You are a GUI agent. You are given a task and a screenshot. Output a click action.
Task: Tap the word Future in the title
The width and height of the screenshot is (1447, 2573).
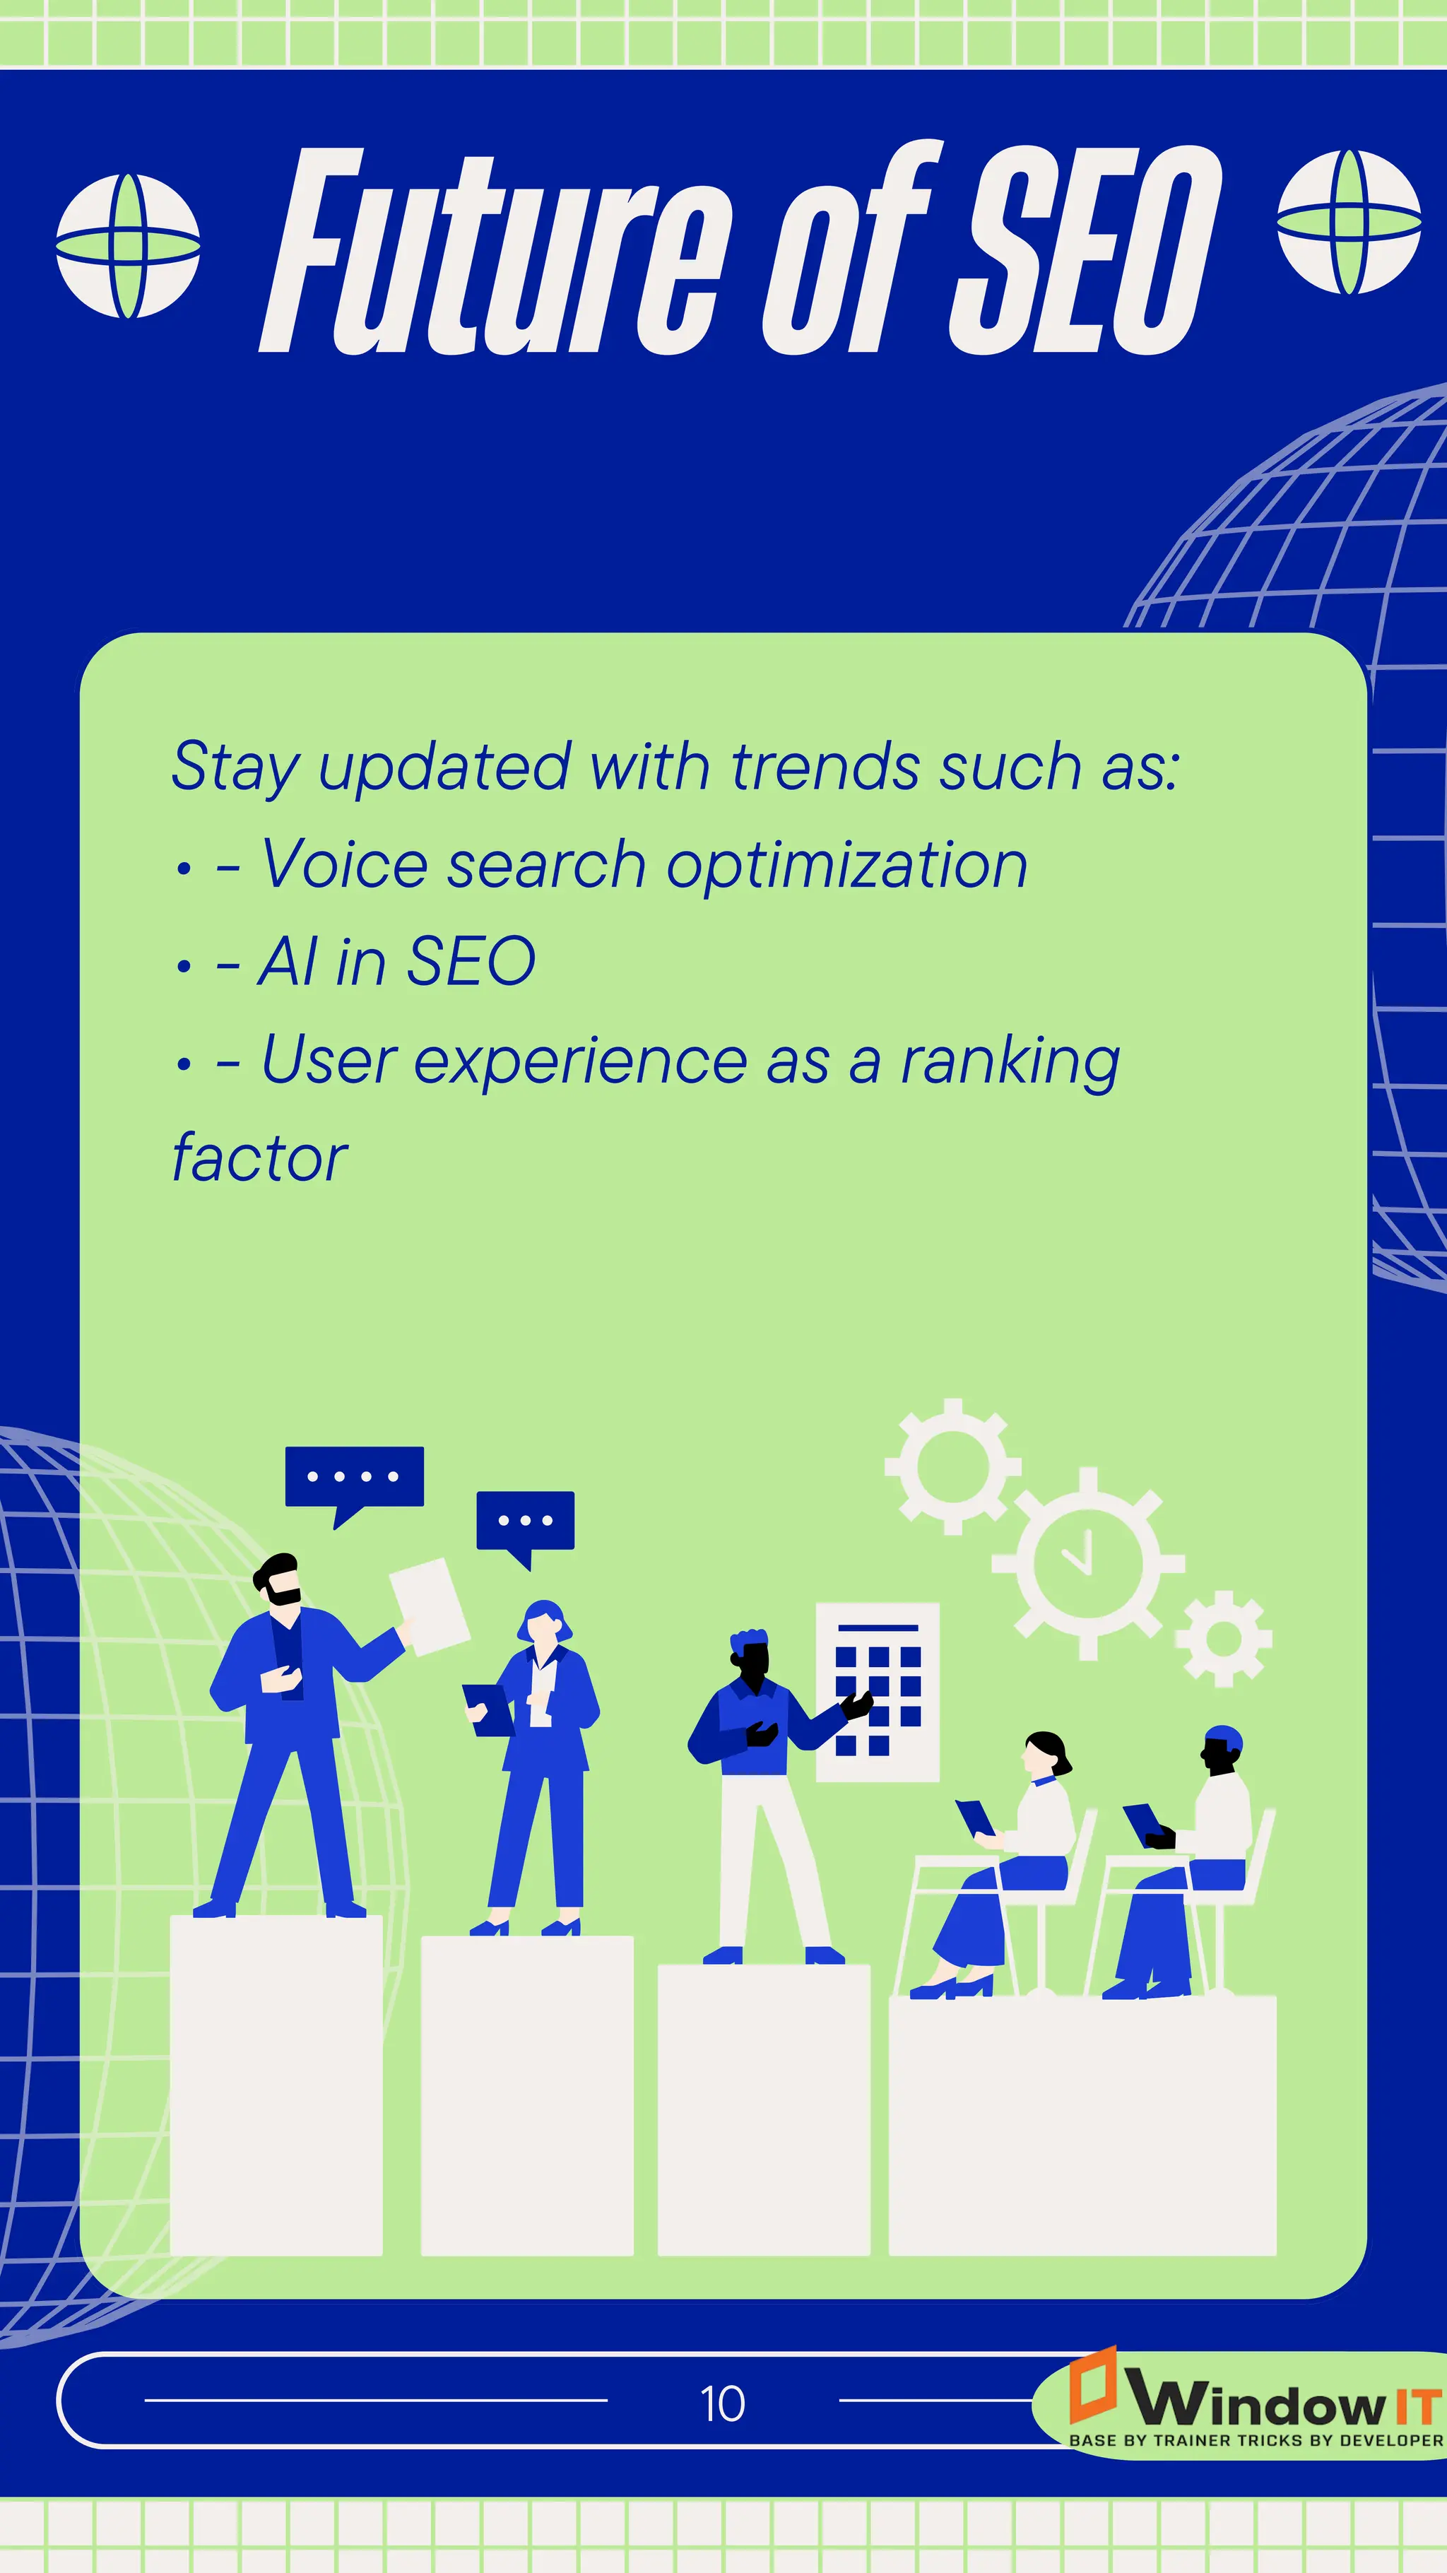pyautogui.click(x=490, y=254)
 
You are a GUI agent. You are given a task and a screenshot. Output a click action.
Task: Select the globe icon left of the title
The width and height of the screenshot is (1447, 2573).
pyautogui.click(x=128, y=246)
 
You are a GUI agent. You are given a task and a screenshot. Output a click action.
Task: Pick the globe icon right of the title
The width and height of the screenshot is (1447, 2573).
pyautogui.click(x=1349, y=222)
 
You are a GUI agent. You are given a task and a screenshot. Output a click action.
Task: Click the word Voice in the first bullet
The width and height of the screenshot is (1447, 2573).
pyautogui.click(x=345, y=864)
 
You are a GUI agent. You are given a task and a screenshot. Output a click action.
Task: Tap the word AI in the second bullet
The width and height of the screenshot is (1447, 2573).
pyautogui.click(x=288, y=962)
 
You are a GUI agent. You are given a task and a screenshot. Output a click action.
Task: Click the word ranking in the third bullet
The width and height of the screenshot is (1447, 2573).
pyautogui.click(x=1010, y=1061)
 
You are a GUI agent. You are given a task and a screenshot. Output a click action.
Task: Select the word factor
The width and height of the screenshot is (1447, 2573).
pyautogui.click(x=259, y=1159)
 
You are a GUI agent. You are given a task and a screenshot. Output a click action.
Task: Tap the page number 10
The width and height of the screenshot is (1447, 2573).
pyautogui.click(x=722, y=2403)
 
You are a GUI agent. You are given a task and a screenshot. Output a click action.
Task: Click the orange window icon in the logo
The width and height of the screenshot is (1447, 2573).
pyautogui.click(x=1092, y=2387)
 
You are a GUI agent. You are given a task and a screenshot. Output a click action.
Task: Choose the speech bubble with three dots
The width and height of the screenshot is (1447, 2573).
pyautogui.click(x=525, y=1523)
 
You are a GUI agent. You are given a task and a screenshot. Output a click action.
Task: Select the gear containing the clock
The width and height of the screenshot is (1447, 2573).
pyautogui.click(x=1087, y=1563)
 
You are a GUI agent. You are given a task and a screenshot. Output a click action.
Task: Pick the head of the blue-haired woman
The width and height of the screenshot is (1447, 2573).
pyautogui.click(x=544, y=1624)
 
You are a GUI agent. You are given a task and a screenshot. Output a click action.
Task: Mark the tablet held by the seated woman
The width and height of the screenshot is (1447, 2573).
pyautogui.click(x=974, y=1817)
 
